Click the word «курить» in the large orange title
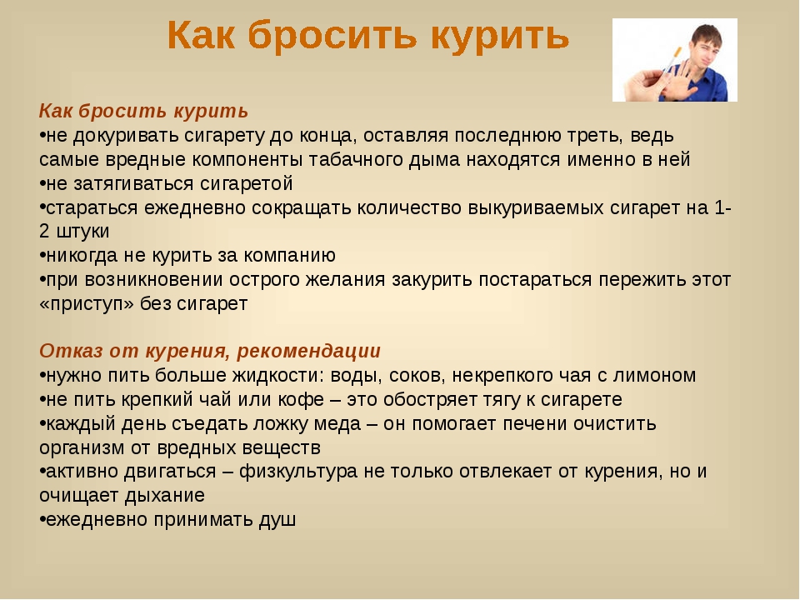[x=500, y=37]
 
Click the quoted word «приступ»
[x=87, y=304]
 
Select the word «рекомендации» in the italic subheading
[x=308, y=352]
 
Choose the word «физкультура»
[x=298, y=472]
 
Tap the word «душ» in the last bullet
[x=277, y=520]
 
